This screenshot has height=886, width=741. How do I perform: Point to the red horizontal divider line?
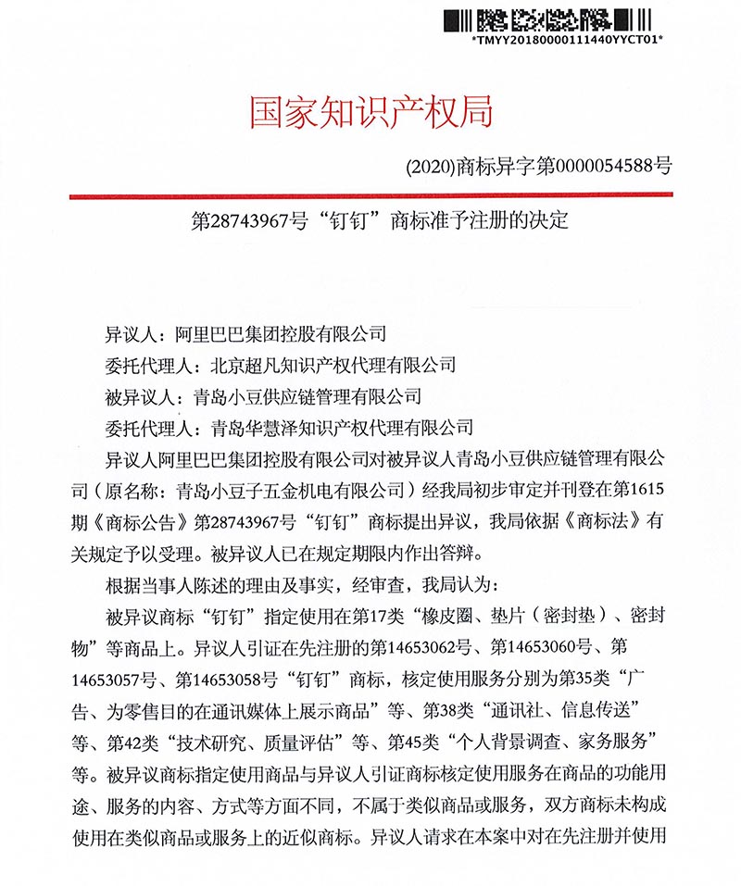point(370,196)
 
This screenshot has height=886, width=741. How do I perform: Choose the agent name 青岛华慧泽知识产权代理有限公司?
point(343,427)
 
